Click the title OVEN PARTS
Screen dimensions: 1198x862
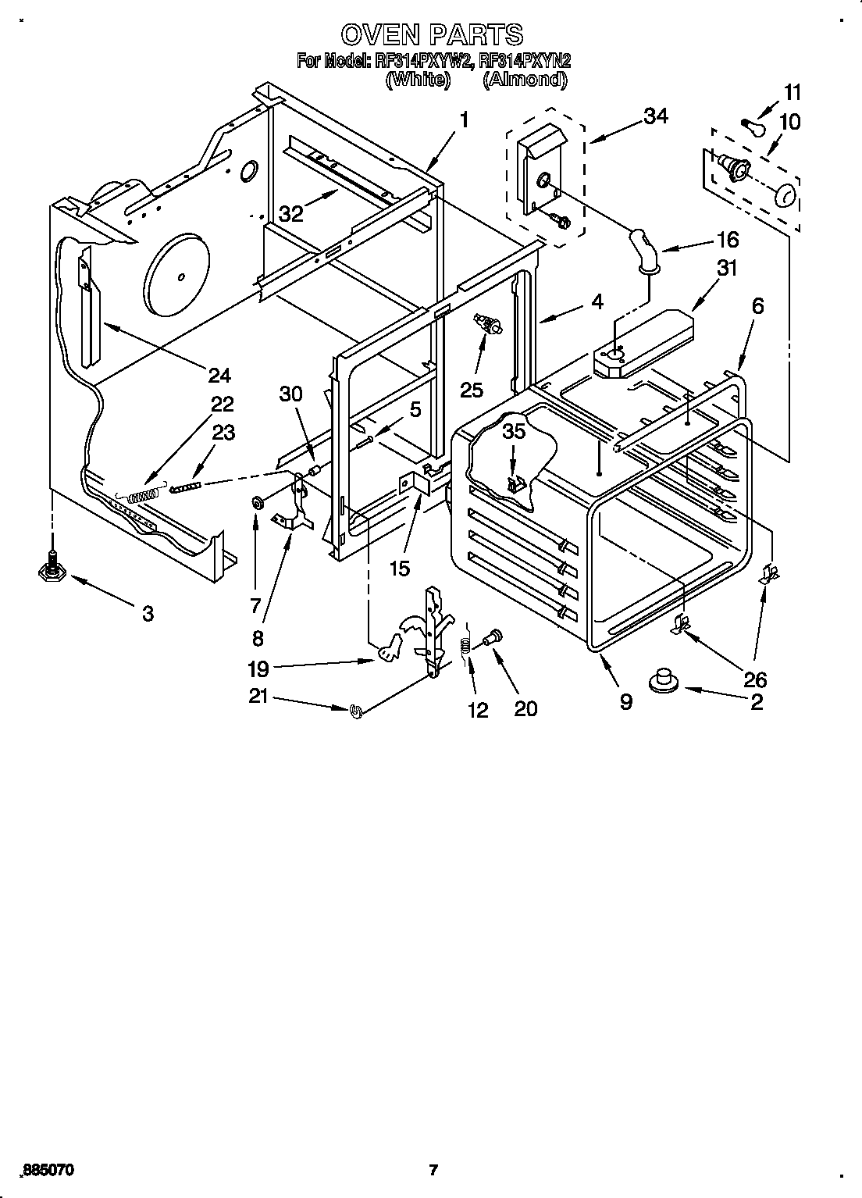pos(431,34)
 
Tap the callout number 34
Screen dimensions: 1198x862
pos(656,116)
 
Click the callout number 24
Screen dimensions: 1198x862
pos(219,376)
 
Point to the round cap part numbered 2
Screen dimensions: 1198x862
pos(664,680)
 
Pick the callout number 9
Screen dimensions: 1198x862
pos(625,701)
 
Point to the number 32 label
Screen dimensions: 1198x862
pos(291,214)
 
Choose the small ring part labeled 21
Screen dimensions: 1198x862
pos(358,710)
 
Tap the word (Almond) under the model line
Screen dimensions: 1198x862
pos(524,79)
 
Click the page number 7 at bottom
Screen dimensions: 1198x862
pos(433,1170)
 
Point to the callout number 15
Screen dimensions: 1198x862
pos(399,568)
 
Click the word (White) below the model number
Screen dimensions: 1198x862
pos(419,79)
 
